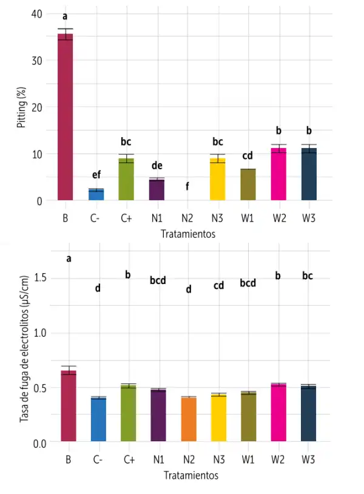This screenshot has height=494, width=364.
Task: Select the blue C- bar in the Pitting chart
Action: pos(96,194)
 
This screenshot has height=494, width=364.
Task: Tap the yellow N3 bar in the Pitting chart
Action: pos(217,180)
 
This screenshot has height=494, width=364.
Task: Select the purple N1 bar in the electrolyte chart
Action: pos(158,415)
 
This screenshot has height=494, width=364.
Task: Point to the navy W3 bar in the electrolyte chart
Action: pos(308,413)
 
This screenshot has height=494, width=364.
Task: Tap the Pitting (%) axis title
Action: pos(21,107)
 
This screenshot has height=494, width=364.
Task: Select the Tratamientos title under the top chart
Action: pos(188,234)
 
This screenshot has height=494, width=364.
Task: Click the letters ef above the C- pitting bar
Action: pos(96,175)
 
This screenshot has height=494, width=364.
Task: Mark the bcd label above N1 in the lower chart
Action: pos(158,280)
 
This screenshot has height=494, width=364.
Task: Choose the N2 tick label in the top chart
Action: pos(187,218)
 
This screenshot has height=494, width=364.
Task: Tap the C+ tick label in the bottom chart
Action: pos(129,460)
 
